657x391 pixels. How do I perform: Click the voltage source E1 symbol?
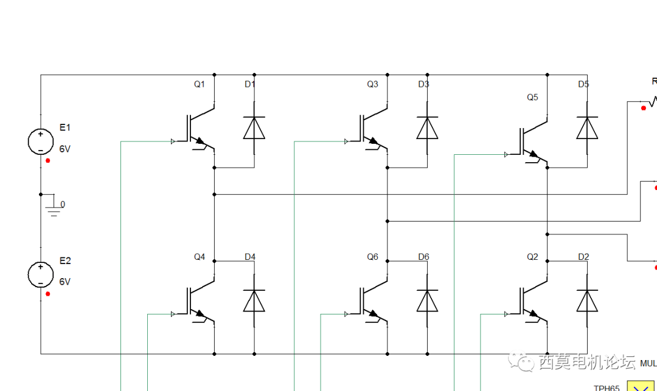pos(40,141)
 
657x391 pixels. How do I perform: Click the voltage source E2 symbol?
pos(40,274)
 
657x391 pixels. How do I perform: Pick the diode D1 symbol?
pos(254,128)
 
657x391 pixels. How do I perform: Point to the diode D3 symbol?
pos(427,128)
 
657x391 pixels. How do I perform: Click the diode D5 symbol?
pos(587,128)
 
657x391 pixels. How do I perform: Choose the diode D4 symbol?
pos(254,301)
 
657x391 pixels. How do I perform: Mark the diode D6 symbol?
pos(427,301)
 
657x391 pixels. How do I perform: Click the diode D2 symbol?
pos(587,301)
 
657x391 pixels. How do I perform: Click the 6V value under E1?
pos(65,148)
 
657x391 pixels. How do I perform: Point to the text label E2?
pos(65,261)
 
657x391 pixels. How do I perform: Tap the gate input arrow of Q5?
pos(506,155)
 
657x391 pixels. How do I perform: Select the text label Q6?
pos(372,257)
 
